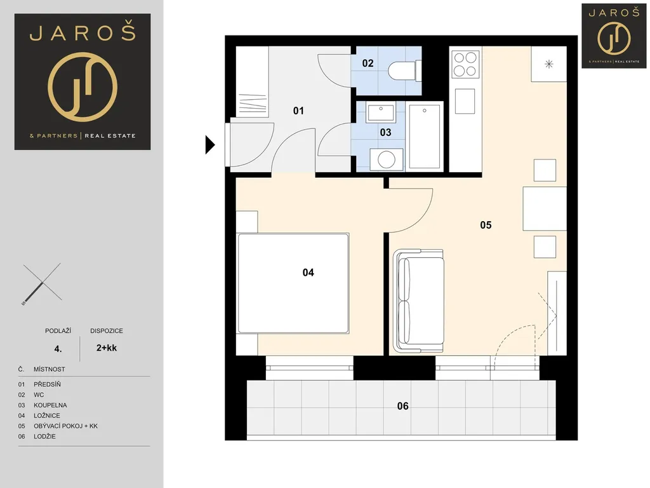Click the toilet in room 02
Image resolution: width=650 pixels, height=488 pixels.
click(404, 71)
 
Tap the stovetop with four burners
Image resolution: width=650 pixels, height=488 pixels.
click(465, 64)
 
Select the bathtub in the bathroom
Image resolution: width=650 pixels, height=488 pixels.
click(424, 137)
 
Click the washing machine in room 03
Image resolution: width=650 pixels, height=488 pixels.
click(387, 159)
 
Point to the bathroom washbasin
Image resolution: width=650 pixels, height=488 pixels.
click(380, 112)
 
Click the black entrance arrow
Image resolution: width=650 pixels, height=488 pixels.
click(210, 145)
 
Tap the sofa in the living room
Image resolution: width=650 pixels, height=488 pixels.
click(419, 301)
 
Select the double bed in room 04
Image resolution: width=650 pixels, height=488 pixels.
click(293, 283)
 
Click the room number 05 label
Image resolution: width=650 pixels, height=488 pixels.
click(486, 225)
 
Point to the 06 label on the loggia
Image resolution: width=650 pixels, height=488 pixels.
click(402, 406)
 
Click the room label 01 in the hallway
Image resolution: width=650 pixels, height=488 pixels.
click(298, 111)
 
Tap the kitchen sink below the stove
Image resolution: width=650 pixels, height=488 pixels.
click(465, 101)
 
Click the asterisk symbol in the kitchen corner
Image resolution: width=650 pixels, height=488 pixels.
click(549, 64)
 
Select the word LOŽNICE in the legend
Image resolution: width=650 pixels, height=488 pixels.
click(47, 416)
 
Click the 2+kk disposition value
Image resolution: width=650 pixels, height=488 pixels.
click(107, 348)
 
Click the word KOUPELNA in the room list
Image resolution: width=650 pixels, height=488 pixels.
click(50, 405)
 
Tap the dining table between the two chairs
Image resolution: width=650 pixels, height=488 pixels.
click(545, 208)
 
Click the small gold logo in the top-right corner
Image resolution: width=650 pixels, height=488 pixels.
click(614, 36)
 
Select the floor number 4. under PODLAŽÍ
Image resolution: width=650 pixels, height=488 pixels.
click(58, 349)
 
